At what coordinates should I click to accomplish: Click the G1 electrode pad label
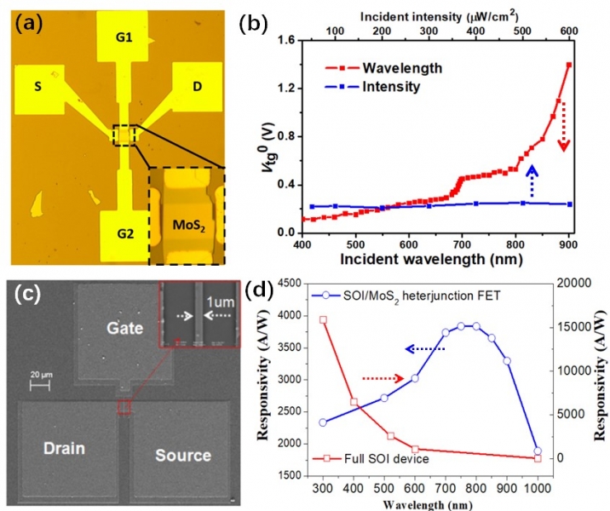pyautogui.click(x=126, y=37)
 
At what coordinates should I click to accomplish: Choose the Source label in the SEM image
pyautogui.click(x=182, y=455)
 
